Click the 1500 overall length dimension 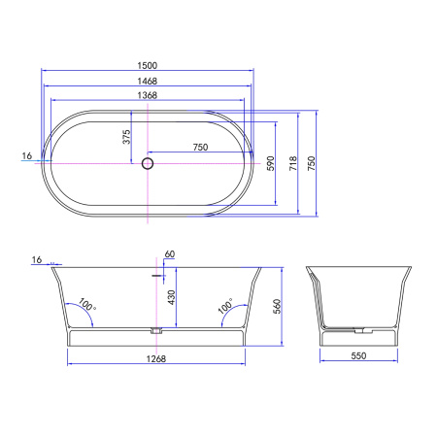[148, 65]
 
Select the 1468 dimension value [148, 81]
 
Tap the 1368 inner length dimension [148, 95]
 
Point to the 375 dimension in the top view [126, 137]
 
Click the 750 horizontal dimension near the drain [200, 148]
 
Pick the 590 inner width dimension [271, 163]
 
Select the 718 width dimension [293, 163]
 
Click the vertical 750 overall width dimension [311, 163]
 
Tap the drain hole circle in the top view [148, 163]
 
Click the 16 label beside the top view [27, 156]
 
